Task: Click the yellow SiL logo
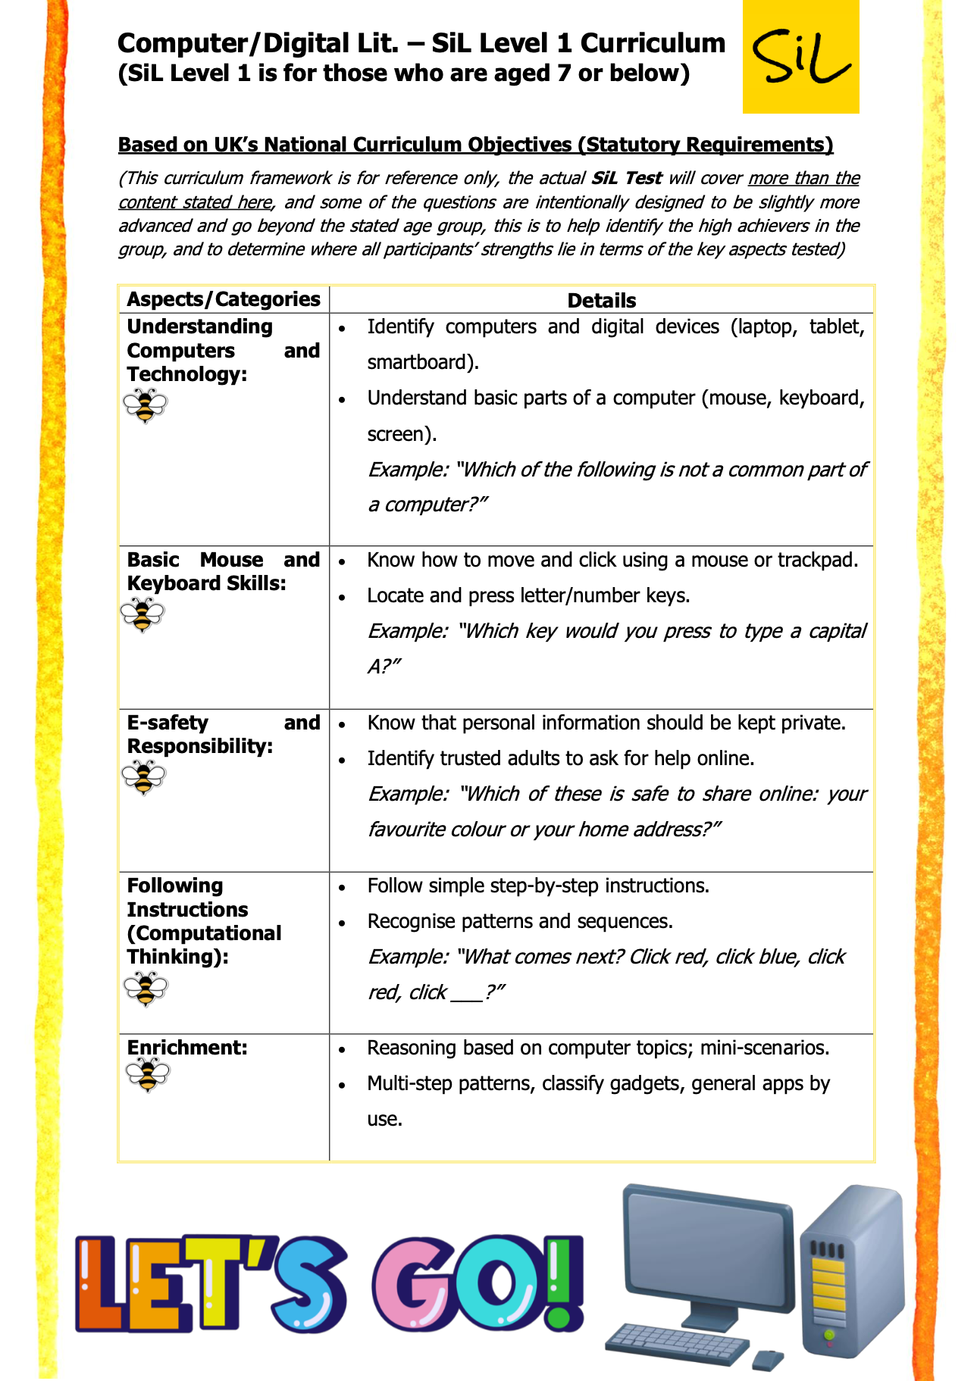point(800,57)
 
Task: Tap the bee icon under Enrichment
point(148,1075)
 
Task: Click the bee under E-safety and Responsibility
point(143,778)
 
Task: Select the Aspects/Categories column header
point(224,299)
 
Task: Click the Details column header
point(601,301)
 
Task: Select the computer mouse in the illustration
point(767,1359)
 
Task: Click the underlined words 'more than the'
point(803,178)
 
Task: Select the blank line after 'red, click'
point(466,993)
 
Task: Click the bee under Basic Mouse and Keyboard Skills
point(142,615)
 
